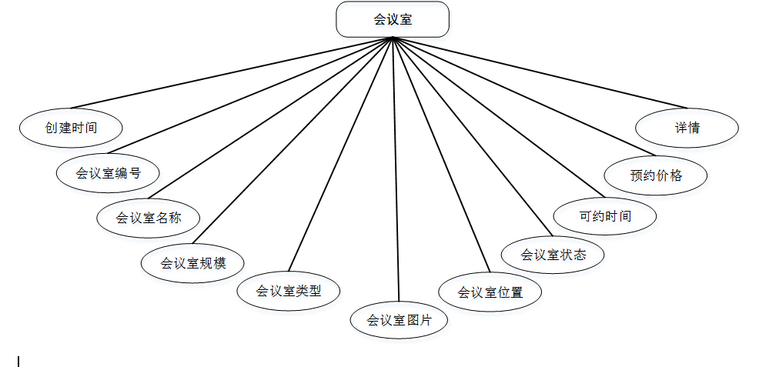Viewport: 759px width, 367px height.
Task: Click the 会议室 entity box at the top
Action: pos(392,19)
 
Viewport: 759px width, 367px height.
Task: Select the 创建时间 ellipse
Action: pos(70,128)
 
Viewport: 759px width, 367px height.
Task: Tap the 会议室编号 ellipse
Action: pos(108,172)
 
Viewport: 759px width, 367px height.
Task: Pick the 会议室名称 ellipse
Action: pos(149,218)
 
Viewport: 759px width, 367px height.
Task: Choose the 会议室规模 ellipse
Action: pos(193,262)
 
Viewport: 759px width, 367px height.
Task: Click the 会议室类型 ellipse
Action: pos(288,291)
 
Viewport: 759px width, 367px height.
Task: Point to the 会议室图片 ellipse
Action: pos(399,319)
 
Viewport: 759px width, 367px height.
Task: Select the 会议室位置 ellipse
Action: pos(490,292)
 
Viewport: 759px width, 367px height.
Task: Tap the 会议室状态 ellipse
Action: pos(553,254)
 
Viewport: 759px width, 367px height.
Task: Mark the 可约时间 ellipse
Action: pos(606,215)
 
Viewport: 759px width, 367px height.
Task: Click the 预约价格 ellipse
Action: pos(656,175)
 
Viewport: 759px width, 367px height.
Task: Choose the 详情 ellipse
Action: pos(687,127)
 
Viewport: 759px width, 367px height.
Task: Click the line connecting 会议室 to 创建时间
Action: pos(231,73)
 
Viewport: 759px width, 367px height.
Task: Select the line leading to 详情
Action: pos(539,72)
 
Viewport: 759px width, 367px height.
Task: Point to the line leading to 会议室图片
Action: pos(396,169)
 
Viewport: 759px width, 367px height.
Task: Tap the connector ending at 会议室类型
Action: pos(340,154)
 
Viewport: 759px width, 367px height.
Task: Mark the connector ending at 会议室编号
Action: pos(250,94)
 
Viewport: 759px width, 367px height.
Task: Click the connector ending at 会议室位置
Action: pos(441,154)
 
